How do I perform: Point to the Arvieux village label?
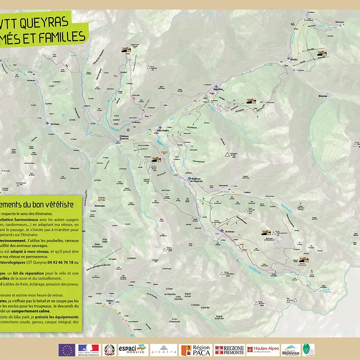(55, 124)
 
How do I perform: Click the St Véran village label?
(229, 231)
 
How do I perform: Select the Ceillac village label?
(111, 301)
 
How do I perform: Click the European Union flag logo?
(67, 350)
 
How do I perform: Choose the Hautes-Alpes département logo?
(263, 350)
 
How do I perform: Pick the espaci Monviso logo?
(132, 350)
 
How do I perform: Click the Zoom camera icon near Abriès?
(322, 53)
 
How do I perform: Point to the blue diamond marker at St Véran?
(222, 230)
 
